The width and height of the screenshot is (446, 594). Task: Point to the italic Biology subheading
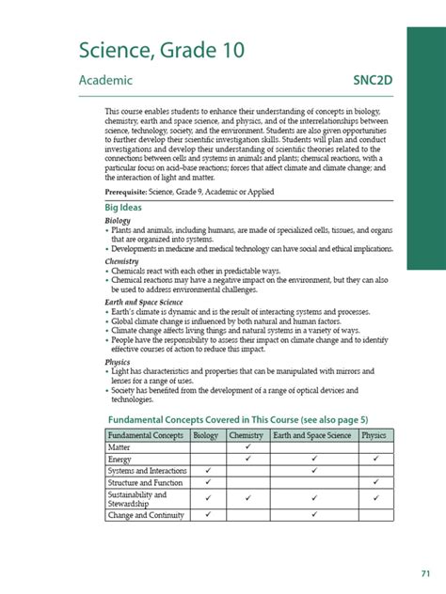coord(118,221)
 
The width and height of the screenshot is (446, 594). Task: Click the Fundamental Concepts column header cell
coord(147,434)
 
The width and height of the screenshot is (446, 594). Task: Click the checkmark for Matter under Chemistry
coord(247,446)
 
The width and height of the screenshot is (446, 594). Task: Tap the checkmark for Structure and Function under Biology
coord(206,481)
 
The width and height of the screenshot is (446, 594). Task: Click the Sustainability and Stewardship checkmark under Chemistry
coord(247,497)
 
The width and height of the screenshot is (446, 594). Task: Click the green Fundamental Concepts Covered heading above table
coord(232,416)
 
